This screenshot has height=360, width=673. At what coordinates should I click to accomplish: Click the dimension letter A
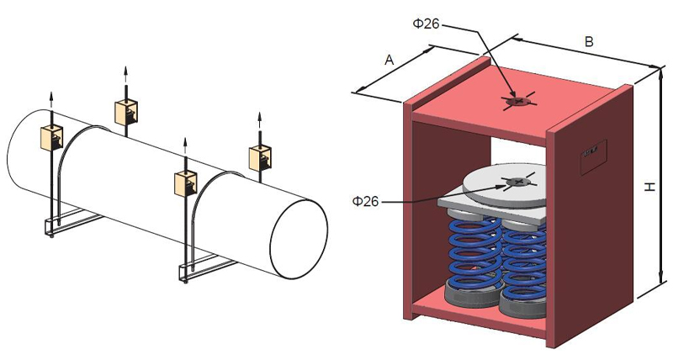tap(389, 60)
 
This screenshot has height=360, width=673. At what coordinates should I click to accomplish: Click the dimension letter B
tap(590, 41)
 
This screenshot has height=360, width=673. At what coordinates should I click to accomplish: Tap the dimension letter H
tap(650, 187)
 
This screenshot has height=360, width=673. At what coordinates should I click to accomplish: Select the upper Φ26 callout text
tap(427, 24)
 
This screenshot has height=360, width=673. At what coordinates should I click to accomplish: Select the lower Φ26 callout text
tap(366, 201)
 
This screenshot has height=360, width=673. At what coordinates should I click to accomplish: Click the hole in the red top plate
tap(518, 101)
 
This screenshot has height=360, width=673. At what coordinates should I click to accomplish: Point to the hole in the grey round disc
tap(518, 183)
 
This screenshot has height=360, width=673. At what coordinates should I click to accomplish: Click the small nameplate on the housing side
tap(593, 156)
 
